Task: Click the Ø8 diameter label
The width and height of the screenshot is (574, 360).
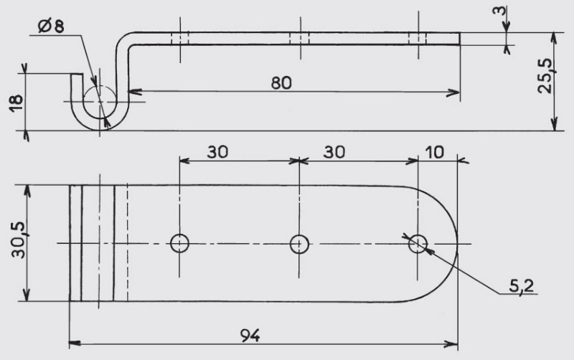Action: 50,26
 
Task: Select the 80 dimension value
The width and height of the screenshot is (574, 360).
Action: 281,83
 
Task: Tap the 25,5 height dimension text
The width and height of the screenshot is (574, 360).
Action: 545,76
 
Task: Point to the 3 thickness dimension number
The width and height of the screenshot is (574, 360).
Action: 499,10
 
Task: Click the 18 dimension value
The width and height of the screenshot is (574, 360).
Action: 17,103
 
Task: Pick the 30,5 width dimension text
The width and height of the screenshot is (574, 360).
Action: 19,240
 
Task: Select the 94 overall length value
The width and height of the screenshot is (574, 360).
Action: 250,335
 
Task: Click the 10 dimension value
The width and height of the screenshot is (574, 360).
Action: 435,152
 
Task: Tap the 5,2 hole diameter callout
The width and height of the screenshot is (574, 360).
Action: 522,286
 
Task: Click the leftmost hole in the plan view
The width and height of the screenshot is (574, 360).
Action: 180,243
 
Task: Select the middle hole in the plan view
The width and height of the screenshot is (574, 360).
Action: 299,244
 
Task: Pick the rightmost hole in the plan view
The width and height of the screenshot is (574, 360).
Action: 418,244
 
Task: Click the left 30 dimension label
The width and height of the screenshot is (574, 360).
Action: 217,152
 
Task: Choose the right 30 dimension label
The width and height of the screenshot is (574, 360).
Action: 334,152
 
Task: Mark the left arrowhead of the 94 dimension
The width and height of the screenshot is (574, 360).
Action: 75,344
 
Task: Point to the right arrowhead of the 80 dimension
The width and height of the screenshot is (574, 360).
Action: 453,93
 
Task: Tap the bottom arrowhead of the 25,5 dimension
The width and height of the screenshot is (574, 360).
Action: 555,124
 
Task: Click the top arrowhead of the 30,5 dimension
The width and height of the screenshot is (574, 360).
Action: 27,191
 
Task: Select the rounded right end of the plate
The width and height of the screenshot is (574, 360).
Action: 457,244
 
